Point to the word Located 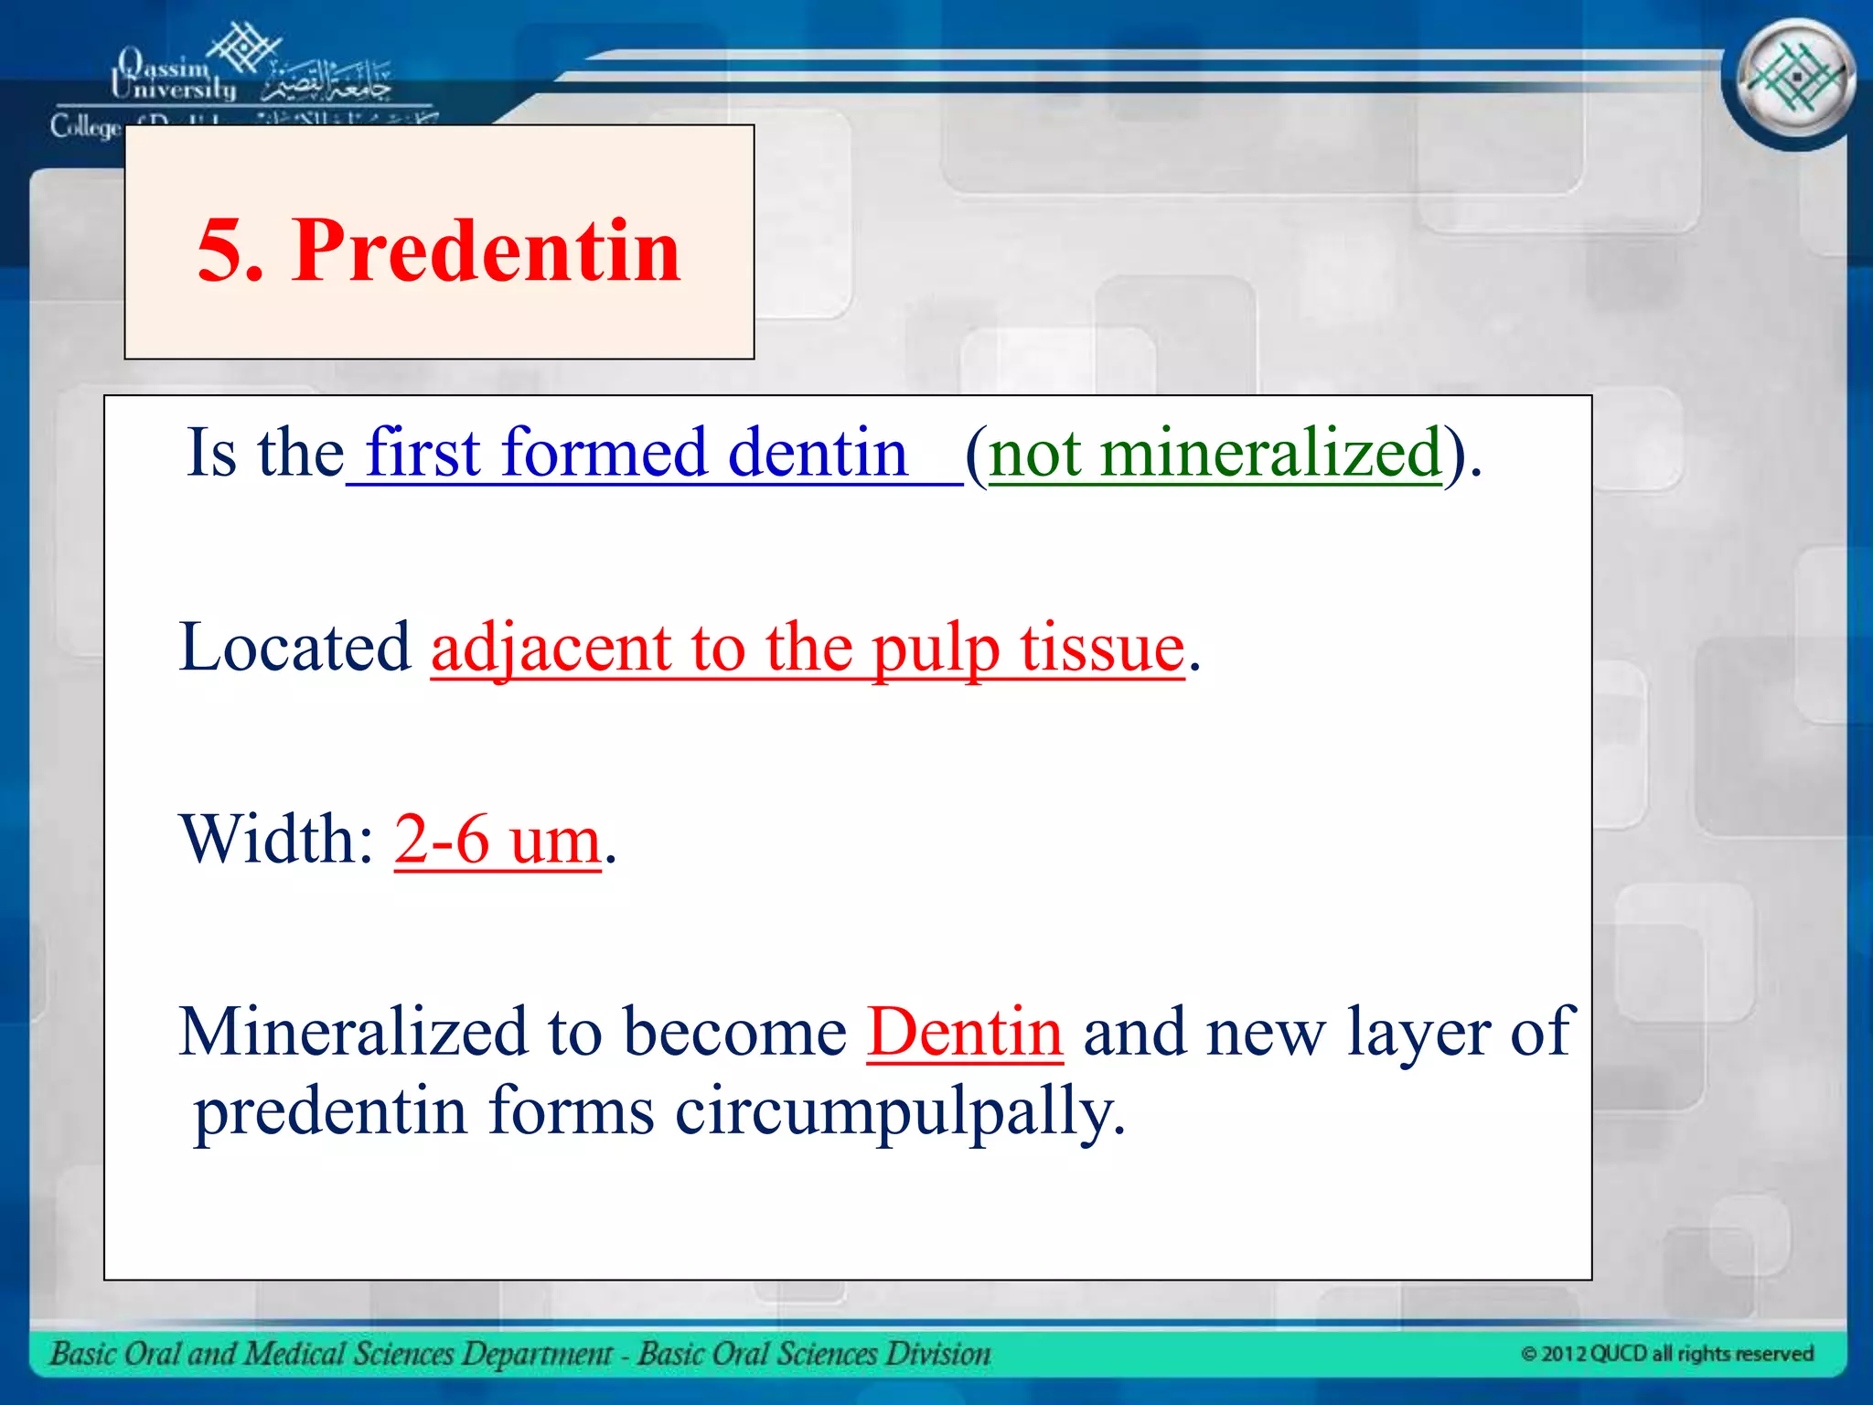(x=295, y=648)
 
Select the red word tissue (x=1102, y=648)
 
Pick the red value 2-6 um (x=498, y=839)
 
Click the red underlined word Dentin (x=965, y=1033)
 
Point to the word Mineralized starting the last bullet (x=353, y=1033)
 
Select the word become (x=735, y=1033)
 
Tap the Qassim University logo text (x=174, y=77)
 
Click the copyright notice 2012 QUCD (x=1666, y=1354)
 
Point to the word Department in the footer (x=536, y=1354)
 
